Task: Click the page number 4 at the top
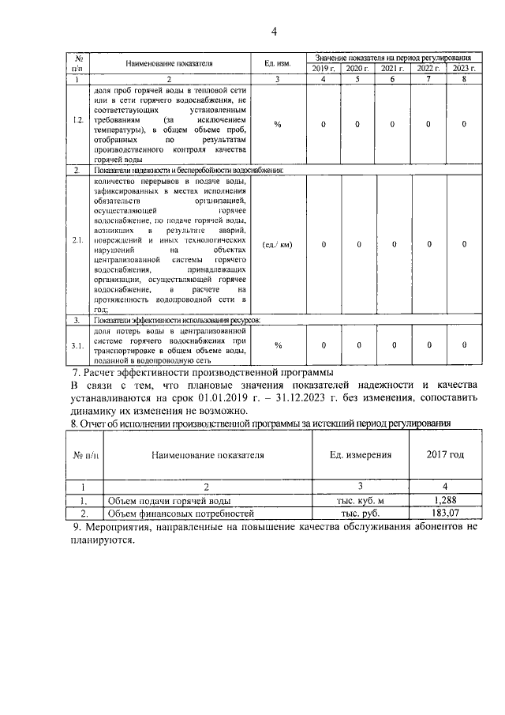click(x=274, y=32)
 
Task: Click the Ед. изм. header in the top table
click(x=278, y=63)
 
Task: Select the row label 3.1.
click(x=77, y=344)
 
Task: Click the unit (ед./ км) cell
click(x=278, y=244)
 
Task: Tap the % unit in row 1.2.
click(x=278, y=124)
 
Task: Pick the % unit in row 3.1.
click(x=278, y=344)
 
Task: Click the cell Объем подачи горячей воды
click(x=159, y=500)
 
